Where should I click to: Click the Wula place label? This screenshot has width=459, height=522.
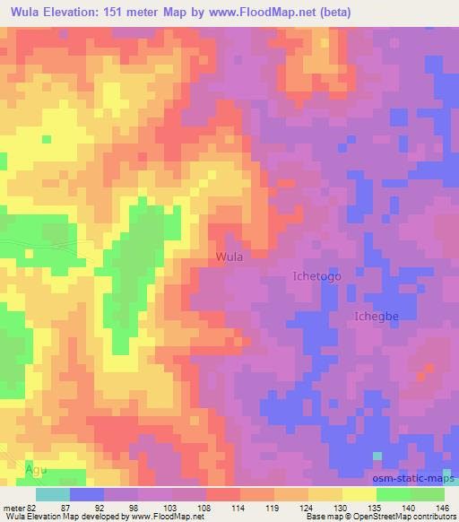(229, 257)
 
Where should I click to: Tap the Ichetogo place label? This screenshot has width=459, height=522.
(318, 277)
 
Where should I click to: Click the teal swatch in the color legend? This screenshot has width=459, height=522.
(54, 494)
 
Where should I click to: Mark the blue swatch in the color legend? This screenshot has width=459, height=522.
(88, 494)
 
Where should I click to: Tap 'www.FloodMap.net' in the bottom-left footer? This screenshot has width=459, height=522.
(170, 517)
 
